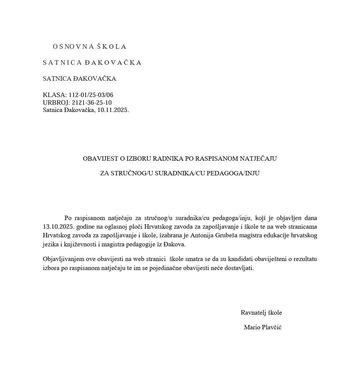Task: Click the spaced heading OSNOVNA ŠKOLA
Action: [x=89, y=47]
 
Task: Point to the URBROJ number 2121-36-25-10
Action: [x=92, y=103]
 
